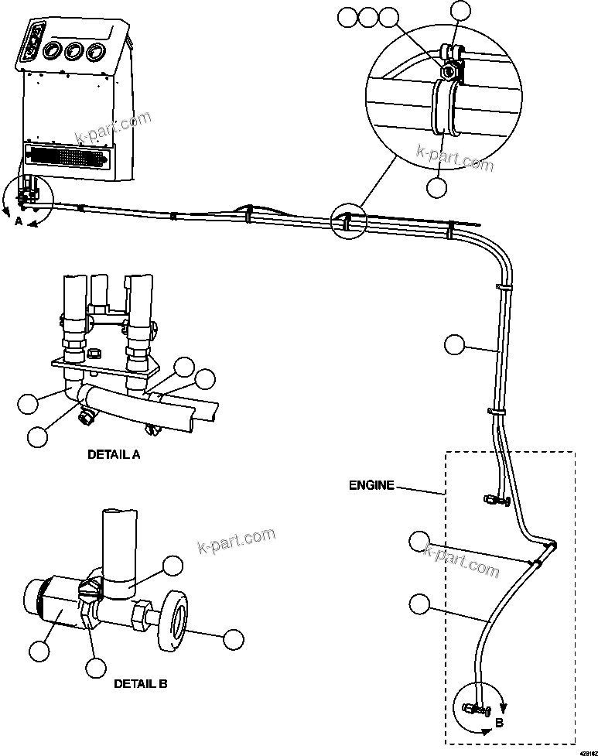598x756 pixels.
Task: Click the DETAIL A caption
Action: pos(114,455)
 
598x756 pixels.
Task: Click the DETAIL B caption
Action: pos(140,683)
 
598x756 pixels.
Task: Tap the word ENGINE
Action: pos(371,486)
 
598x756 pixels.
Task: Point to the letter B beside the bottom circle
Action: pos(499,723)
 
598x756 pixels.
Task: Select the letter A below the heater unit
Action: pos(18,221)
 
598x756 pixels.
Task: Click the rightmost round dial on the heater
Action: pos(96,52)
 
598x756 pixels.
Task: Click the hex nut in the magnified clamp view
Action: pos(447,71)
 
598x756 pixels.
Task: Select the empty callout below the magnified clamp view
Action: pos(437,186)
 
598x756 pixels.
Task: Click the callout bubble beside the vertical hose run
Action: pos(456,344)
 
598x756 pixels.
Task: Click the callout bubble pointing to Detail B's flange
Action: pos(232,639)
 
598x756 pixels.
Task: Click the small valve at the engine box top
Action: pos(492,501)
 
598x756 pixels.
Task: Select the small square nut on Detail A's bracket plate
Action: pos(94,354)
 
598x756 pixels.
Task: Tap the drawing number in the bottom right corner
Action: pos(586,751)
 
